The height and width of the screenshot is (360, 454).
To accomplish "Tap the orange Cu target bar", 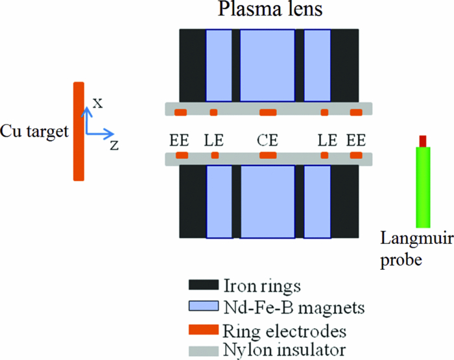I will (78, 130).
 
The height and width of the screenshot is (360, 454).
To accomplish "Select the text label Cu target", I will (34, 131).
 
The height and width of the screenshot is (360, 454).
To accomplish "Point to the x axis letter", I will (97, 102).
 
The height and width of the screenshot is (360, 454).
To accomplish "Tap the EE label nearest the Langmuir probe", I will (356, 139).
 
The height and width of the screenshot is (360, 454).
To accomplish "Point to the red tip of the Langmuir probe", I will (423, 141).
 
